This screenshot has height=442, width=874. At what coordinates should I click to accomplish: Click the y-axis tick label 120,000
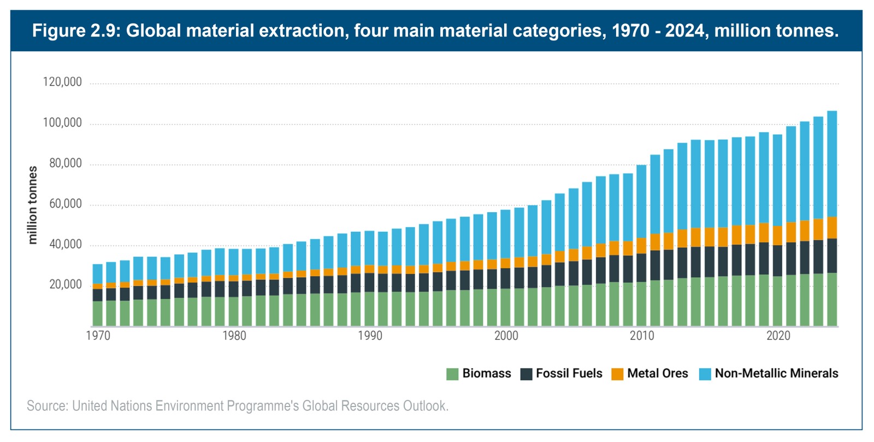coord(62,82)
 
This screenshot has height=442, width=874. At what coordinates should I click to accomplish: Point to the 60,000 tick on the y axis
coord(65,204)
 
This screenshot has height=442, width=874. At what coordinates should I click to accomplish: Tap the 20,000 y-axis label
coord(65,285)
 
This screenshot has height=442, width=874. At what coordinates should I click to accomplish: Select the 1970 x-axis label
coord(98,336)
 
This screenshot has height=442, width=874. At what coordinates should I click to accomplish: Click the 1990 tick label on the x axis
coord(370,336)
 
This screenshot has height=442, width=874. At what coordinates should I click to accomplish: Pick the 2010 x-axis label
coord(642,336)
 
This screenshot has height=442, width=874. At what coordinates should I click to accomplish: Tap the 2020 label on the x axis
coord(778,336)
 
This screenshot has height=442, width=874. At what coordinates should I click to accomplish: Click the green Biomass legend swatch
coord(452,374)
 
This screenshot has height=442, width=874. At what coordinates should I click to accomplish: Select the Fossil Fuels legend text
coord(569,373)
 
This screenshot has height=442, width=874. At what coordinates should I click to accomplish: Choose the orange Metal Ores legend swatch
coord(617,374)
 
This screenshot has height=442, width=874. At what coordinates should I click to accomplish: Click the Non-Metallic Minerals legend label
coord(776,373)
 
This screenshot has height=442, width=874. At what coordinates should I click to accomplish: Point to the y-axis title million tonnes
coord(33,205)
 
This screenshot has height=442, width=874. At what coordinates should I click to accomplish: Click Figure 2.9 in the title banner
coord(76,31)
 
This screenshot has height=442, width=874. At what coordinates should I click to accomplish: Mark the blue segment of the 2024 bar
coord(832,164)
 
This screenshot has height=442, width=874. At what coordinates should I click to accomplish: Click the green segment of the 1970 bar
coord(98,313)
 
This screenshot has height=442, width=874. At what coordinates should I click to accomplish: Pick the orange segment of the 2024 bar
coord(832,228)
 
